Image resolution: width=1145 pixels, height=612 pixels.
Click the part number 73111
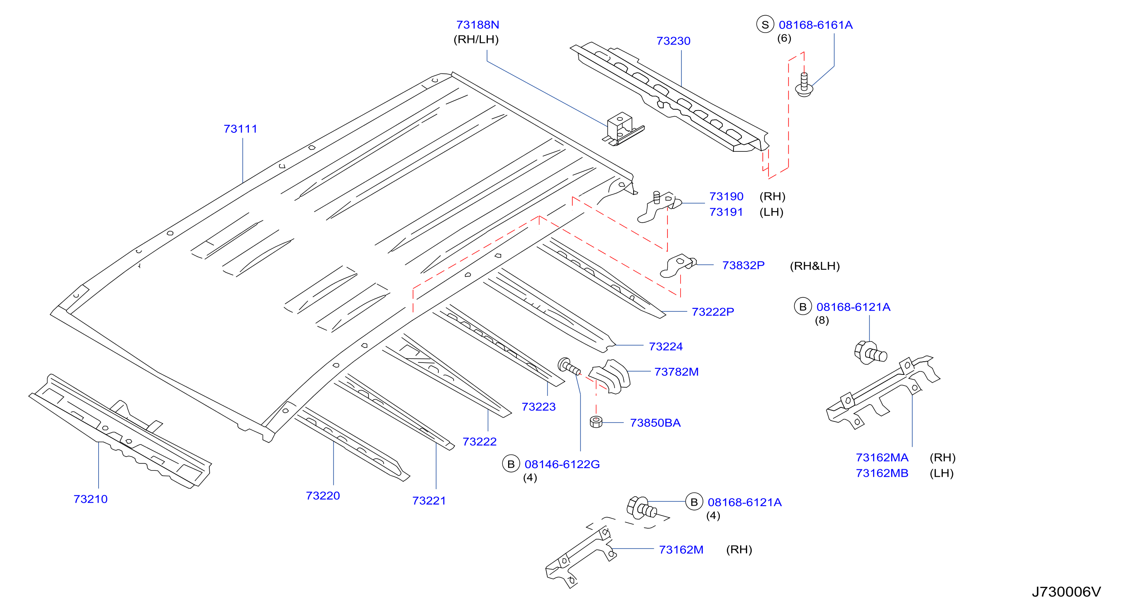click(x=241, y=129)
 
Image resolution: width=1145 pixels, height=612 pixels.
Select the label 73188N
click(x=478, y=25)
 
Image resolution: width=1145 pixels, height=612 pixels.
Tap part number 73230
click(x=673, y=41)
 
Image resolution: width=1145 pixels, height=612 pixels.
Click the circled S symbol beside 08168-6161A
click(x=765, y=25)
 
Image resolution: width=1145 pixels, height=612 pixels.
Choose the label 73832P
click(x=743, y=265)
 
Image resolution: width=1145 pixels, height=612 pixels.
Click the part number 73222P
click(x=712, y=312)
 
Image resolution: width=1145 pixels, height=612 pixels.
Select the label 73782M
click(x=676, y=372)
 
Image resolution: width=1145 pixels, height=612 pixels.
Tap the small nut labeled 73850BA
click(x=596, y=421)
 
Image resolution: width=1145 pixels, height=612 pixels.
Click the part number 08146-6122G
click(x=562, y=464)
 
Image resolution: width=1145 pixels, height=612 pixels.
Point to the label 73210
click(x=91, y=499)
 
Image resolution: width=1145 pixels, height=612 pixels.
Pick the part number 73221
click(x=429, y=501)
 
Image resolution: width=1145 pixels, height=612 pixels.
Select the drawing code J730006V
click(x=1066, y=591)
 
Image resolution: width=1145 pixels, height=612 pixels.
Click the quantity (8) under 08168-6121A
click(x=822, y=320)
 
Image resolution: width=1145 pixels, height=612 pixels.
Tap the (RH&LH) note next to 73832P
click(x=815, y=266)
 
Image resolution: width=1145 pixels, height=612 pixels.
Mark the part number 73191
click(x=726, y=212)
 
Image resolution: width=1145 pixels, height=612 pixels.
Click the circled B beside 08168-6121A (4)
click(x=694, y=502)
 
